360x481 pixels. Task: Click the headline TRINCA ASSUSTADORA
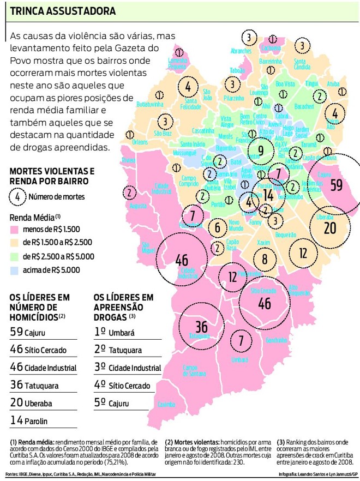point(63,11)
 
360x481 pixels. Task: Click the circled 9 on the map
point(261,151)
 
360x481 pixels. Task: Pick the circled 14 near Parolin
point(268,195)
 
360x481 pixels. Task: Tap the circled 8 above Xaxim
point(265,259)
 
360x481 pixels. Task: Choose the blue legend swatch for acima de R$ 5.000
point(15,269)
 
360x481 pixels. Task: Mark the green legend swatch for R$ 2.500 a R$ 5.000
point(15,256)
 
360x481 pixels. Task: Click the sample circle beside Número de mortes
point(17,196)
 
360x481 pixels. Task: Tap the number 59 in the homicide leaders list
point(16,331)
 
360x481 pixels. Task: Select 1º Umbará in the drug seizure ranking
point(114,332)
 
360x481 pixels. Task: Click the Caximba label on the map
point(166,405)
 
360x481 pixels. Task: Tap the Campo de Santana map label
point(194,370)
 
